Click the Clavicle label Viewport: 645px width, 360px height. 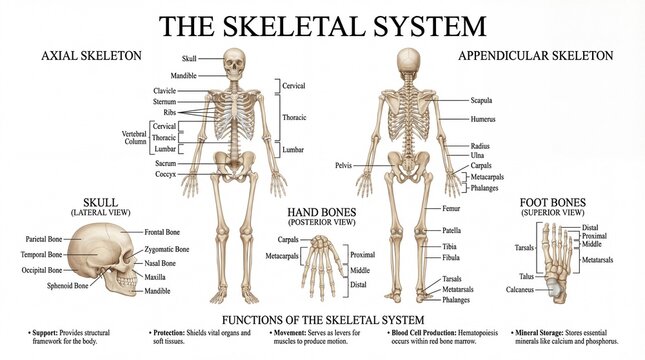(x=164, y=91)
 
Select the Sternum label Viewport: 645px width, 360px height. (x=164, y=101)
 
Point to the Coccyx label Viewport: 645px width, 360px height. (x=165, y=173)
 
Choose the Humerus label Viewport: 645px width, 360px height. (x=484, y=119)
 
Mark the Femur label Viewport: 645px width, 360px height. (x=452, y=208)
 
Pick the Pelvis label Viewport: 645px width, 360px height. (x=343, y=165)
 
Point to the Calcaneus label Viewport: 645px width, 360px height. (x=519, y=291)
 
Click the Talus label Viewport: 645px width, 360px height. (x=526, y=276)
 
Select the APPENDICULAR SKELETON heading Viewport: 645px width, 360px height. (x=535, y=56)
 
